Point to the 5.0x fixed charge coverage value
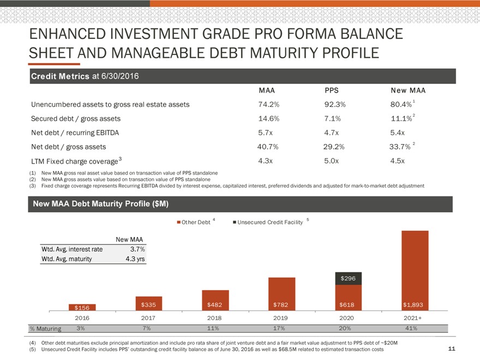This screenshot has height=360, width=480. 332,161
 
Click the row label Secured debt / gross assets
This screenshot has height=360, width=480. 76,118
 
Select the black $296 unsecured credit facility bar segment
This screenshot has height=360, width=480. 348,278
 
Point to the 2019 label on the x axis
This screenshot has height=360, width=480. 281,317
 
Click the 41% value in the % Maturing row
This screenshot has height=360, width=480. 411,328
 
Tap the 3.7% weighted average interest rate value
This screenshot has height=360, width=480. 137,249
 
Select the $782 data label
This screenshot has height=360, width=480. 281,304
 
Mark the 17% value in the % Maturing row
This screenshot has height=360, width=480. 281,328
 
